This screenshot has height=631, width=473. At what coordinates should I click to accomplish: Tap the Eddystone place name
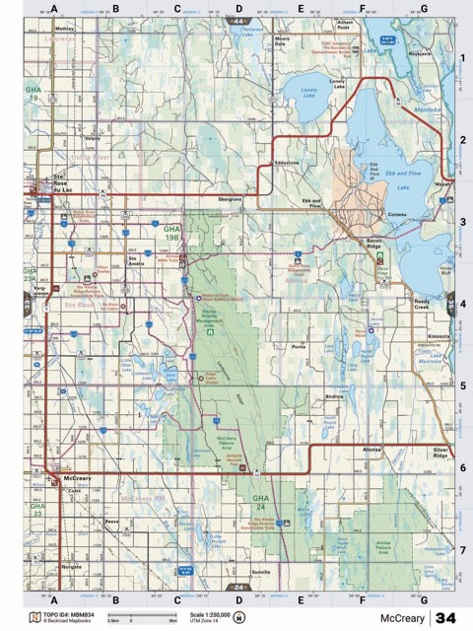coord(287,161)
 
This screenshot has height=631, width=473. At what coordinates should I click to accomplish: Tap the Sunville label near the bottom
coord(260,571)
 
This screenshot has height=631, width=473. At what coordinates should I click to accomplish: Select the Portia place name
coord(300,347)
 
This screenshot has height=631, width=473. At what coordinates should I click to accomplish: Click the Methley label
coord(66,30)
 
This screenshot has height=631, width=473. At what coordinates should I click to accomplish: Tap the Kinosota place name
coord(439,336)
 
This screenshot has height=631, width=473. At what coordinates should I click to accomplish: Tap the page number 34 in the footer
coord(446,618)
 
